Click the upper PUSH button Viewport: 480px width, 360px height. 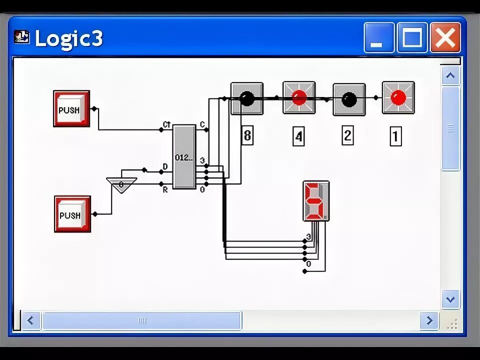[x=71, y=109]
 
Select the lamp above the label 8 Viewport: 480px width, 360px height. [x=246, y=98]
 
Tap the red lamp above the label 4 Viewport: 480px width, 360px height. [x=299, y=97]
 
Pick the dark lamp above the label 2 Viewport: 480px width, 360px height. [x=349, y=99]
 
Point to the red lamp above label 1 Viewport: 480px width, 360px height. [x=398, y=97]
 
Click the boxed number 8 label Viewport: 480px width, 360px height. [x=247, y=136]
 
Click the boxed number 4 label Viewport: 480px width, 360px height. [x=298, y=136]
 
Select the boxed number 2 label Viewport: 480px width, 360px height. [x=347, y=136]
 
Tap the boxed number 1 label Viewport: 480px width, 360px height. [x=395, y=136]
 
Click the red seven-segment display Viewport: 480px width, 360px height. [x=315, y=201]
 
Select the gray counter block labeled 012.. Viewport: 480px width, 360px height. [x=184, y=157]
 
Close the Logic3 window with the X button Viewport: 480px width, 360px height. [x=445, y=38]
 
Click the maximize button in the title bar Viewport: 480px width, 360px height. [x=412, y=38]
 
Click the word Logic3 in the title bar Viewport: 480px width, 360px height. [x=68, y=39]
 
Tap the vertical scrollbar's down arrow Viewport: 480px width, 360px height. [x=450, y=299]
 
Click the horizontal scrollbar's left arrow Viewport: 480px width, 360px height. [x=31, y=320]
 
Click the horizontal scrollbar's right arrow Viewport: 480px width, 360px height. [x=429, y=320]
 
